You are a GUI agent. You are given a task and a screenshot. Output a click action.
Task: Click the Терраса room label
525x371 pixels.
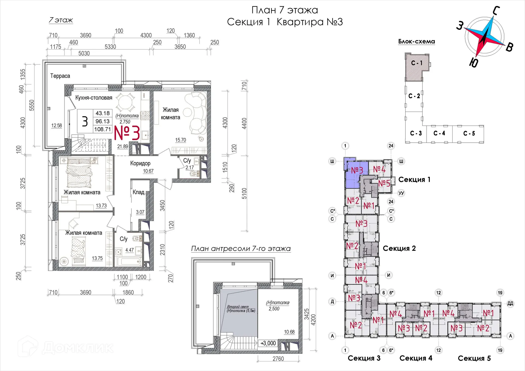60,76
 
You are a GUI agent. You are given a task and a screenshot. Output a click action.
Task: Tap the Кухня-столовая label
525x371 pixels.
94,98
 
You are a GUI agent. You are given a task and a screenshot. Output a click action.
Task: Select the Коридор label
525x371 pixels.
140,163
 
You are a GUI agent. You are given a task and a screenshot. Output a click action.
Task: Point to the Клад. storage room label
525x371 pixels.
139,192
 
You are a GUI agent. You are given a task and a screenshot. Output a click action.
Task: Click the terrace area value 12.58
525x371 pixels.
57,125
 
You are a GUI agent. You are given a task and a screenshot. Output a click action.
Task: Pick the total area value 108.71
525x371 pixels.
103,129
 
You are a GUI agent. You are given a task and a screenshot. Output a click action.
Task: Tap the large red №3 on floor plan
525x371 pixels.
127,133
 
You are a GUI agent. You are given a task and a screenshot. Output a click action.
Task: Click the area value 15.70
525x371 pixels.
180,140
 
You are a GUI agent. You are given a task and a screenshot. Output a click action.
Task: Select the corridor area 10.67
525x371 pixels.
148,171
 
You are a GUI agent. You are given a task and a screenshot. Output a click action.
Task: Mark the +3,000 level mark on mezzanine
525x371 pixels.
268,343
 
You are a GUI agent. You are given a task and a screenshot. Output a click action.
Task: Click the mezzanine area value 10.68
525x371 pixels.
289,332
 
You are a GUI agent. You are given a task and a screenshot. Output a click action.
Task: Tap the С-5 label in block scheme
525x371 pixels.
469,133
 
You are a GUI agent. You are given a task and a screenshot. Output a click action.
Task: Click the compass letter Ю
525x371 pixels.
474,63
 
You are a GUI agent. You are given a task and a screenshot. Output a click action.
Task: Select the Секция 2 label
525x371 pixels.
399,248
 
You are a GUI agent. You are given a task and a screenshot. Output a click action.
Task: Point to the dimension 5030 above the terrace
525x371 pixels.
84,53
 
